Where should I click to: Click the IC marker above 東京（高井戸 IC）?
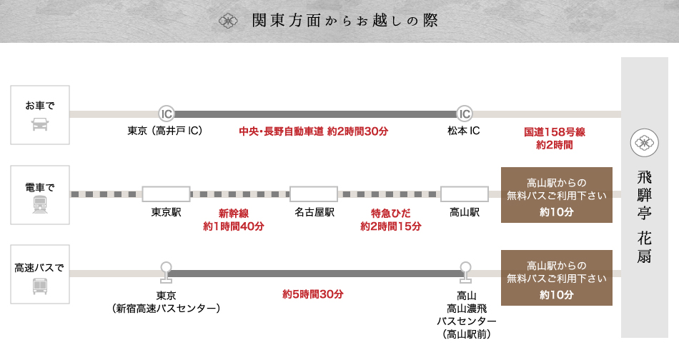tap(167, 114)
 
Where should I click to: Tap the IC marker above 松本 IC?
tap(464, 114)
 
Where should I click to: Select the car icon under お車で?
tap(40, 124)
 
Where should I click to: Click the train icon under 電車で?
tap(40, 204)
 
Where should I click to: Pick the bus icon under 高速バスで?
tap(40, 286)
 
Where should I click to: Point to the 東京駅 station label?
tap(167, 212)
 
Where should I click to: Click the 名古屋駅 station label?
tap(314, 212)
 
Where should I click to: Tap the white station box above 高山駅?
tap(464, 194)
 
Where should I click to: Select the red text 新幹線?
tap(234, 214)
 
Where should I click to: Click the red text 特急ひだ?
tap(390, 214)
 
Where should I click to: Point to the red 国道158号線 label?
tap(555, 132)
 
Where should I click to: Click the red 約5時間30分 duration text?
tap(312, 294)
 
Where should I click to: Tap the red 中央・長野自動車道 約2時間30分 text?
tap(314, 131)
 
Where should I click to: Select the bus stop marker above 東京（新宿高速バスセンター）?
tap(166, 272)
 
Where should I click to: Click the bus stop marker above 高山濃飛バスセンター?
tap(465, 272)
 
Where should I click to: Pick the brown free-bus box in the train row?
tap(557, 195)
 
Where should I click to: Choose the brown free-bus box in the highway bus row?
tap(557, 278)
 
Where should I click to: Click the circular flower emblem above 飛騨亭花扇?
tap(645, 143)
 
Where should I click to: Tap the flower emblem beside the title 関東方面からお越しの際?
tap(228, 21)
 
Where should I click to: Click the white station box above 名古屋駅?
tap(314, 194)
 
